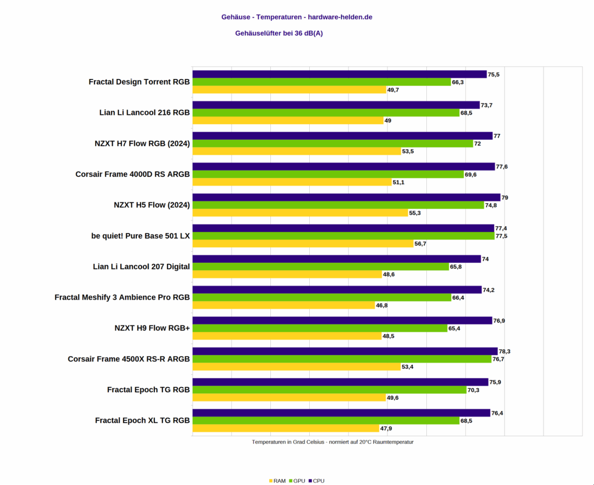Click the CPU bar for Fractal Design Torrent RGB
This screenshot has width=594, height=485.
point(339,74)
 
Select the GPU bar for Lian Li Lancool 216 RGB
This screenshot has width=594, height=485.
point(326,113)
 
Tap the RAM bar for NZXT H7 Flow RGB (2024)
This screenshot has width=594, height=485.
point(296,151)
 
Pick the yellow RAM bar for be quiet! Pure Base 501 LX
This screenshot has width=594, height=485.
point(303,244)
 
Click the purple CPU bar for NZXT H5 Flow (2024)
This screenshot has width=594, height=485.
point(346,197)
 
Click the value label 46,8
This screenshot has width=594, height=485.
point(382,305)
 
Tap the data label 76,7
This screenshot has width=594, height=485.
point(499,359)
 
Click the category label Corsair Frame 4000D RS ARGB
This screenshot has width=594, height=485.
point(132,174)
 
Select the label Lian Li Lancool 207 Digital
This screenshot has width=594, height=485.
point(141,266)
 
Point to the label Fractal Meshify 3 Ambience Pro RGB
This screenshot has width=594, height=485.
point(122,297)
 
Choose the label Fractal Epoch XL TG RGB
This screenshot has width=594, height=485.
point(142,420)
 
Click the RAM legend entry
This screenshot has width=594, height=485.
point(277,480)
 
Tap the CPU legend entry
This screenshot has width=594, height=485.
point(316,480)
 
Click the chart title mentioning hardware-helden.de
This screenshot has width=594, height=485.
point(296,17)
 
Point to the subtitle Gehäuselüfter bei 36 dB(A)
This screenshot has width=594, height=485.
point(278,33)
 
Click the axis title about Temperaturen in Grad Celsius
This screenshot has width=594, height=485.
point(332,442)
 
